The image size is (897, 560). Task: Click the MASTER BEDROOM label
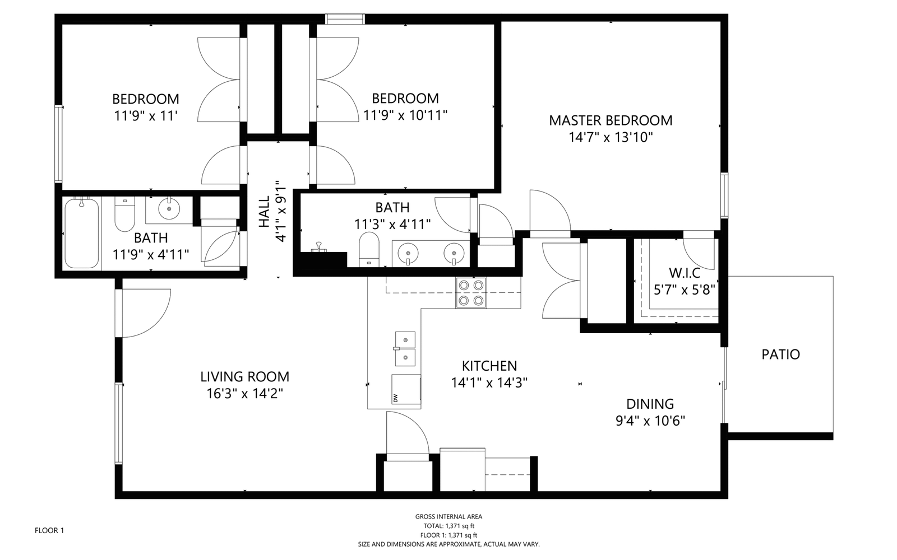[x=611, y=120]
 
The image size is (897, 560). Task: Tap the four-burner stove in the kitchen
[x=471, y=293]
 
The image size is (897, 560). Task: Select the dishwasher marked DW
[x=406, y=389]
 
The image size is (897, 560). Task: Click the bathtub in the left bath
[x=82, y=233]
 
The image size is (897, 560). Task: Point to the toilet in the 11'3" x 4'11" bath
[x=368, y=249]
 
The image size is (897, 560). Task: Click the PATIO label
[x=780, y=354]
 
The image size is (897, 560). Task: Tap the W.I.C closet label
[x=685, y=273]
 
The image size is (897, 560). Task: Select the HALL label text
[x=264, y=212]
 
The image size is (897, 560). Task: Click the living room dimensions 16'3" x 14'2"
[x=244, y=394]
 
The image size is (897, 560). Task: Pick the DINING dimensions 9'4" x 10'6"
[x=650, y=421]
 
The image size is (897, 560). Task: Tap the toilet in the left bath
[x=125, y=215]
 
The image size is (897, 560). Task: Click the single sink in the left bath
[x=169, y=209]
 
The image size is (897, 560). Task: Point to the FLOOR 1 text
[x=49, y=530]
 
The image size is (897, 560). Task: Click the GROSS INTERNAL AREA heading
[x=449, y=517]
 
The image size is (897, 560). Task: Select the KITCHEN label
[x=489, y=366]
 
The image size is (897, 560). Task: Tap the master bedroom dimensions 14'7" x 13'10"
[x=611, y=138]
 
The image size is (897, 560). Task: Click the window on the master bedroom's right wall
[x=724, y=195]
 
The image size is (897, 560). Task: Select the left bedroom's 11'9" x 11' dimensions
[x=146, y=116]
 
